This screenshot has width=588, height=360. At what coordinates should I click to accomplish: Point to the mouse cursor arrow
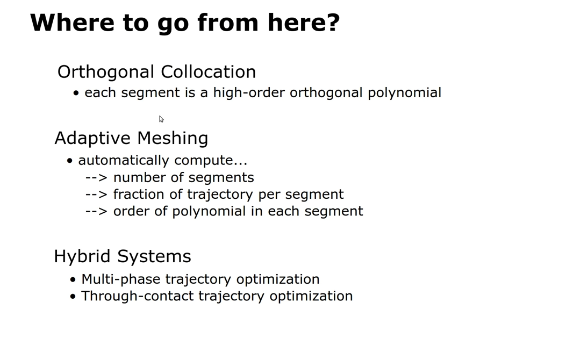coord(161,119)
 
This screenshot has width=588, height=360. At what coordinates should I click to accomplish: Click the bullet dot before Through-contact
coord(73,296)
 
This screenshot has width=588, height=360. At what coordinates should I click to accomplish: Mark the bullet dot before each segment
coord(76,93)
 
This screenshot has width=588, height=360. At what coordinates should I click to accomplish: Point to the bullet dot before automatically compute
coord(70,161)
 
